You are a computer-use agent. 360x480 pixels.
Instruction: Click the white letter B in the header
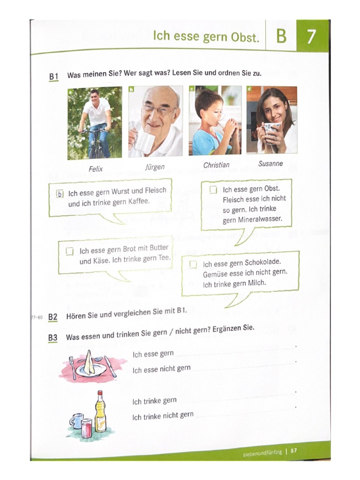tap(281, 36)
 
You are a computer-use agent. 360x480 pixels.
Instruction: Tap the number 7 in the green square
tap(311, 36)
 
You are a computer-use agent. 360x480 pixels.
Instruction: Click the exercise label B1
tap(53, 76)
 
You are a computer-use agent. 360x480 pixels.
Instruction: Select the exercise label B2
tap(52, 317)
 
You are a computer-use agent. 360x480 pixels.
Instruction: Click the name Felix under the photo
tap(96, 169)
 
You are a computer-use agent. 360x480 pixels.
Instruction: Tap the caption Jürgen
tap(155, 167)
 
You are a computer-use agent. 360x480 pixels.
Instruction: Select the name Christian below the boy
tap(216, 165)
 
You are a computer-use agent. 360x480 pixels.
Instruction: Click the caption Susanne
tap(270, 164)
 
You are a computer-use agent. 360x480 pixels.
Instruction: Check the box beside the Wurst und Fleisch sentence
tap(60, 194)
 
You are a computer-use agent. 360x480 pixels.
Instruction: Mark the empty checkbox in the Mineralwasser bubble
tap(213, 190)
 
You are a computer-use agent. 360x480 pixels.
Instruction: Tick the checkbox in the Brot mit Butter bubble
tap(70, 251)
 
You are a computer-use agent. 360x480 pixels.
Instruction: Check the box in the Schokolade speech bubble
tap(193, 264)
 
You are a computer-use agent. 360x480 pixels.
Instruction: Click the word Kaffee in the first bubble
tap(138, 201)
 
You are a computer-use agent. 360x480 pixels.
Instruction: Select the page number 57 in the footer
tap(294, 451)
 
